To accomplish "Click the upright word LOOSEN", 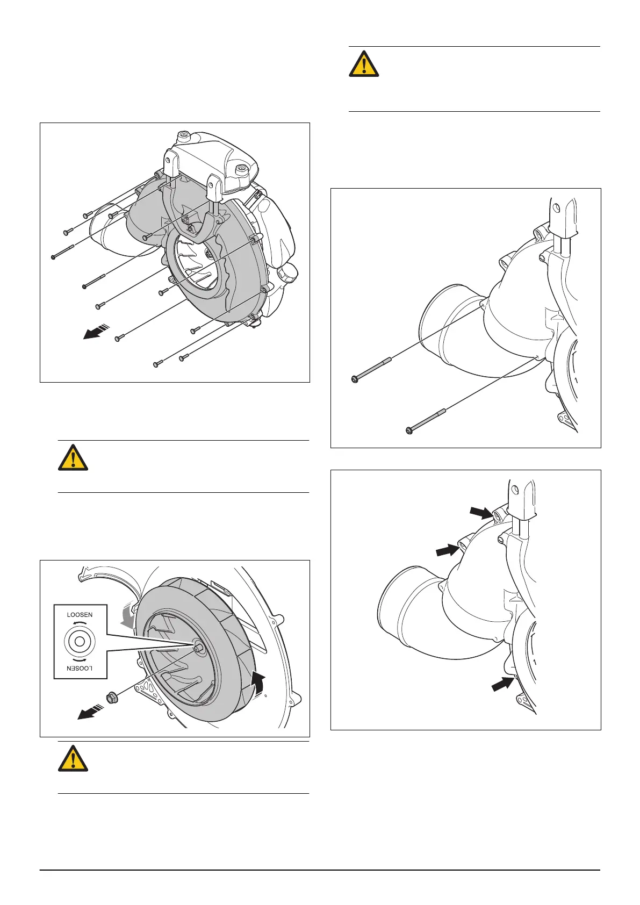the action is (x=80, y=614).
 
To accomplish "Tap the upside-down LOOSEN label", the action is (x=80, y=668).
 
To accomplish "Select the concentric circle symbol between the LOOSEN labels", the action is (x=80, y=642).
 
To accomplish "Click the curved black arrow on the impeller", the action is (x=258, y=685).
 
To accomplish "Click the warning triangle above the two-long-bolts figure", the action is (x=364, y=63).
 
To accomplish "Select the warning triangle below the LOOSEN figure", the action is (x=73, y=758).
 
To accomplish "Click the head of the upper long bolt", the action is (x=355, y=379).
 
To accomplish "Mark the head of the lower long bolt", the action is (x=409, y=430).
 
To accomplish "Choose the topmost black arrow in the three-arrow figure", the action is (x=481, y=513).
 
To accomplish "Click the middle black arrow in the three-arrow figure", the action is (x=448, y=549).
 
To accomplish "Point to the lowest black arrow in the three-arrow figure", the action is (x=503, y=685).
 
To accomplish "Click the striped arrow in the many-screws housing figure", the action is (x=96, y=332).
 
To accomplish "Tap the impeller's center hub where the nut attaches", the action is (x=198, y=645).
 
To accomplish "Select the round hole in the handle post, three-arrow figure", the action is (x=514, y=490).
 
